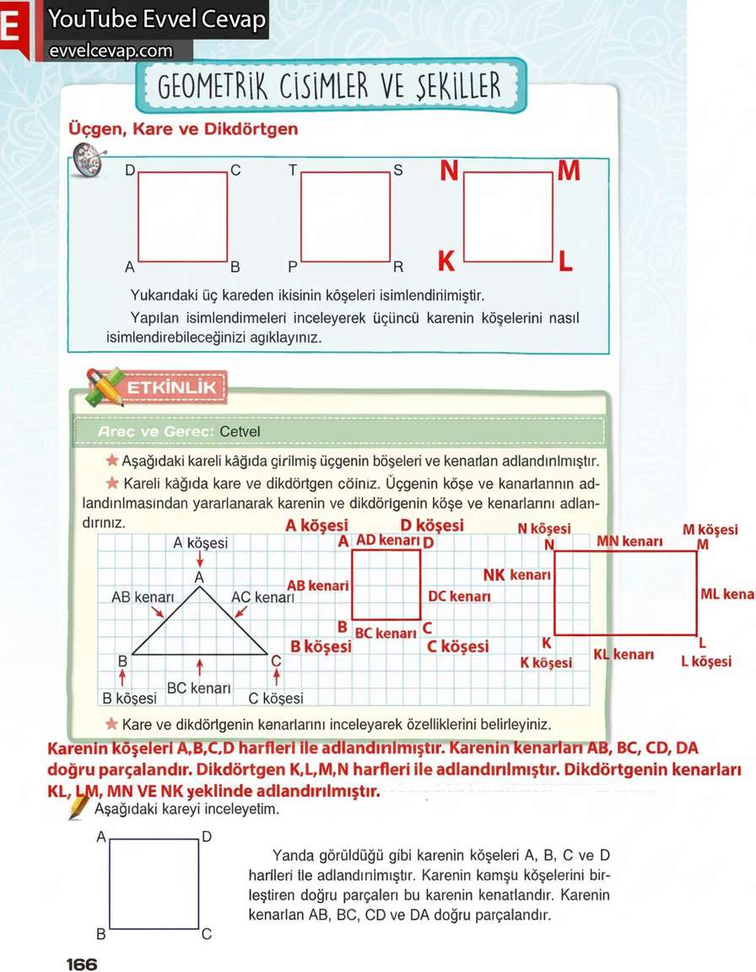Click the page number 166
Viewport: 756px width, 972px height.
pos(82,964)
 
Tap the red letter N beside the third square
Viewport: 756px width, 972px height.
pos(449,172)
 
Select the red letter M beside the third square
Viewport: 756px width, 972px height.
pos(569,171)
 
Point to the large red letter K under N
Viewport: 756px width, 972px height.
pos(446,262)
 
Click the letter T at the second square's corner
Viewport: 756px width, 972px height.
pos(293,170)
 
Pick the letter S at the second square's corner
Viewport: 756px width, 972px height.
pos(398,170)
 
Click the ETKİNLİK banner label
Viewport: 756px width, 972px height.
pos(172,388)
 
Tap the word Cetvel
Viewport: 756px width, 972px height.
pos(240,431)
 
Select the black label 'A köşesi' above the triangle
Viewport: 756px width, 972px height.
pos(200,543)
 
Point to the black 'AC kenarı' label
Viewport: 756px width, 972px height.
pos(262,597)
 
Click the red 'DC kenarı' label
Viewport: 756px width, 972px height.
pos(459,597)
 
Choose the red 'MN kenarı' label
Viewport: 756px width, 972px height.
pos(629,541)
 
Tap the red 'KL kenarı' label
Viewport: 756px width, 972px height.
pos(624,655)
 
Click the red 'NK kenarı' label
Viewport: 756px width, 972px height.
pos(516,575)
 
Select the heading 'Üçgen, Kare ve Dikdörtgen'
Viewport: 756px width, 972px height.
pos(182,129)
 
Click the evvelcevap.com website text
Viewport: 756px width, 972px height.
pos(111,51)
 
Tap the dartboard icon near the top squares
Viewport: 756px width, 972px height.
pos(86,159)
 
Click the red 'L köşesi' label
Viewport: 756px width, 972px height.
pos(706,661)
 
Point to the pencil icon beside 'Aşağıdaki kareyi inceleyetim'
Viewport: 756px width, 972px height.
pos(79,807)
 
